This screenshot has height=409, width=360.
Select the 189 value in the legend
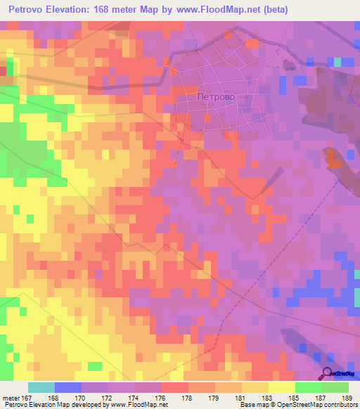346,398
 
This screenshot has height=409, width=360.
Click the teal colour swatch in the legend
41,387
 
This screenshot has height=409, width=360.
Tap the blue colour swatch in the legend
68,387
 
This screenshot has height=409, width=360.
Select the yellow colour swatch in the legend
281,387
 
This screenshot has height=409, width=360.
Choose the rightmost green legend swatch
335,387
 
